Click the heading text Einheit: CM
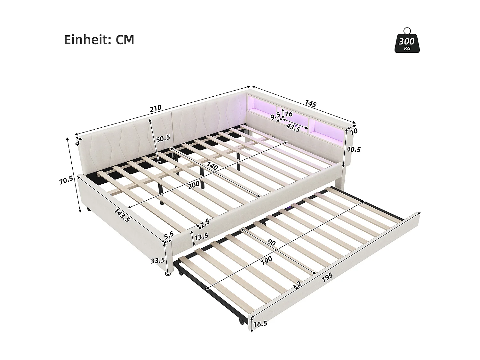pyautogui.click(x=99, y=40)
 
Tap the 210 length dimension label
pyautogui.click(x=156, y=108)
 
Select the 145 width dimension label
pyautogui.click(x=310, y=104)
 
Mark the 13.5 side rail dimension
pyautogui.click(x=201, y=236)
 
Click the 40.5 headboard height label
pyautogui.click(x=353, y=149)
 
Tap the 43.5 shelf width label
pyautogui.click(x=293, y=128)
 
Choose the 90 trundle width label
pyautogui.click(x=271, y=243)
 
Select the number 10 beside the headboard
pyautogui.click(x=354, y=131)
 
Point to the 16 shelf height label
pyautogui.click(x=289, y=114)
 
